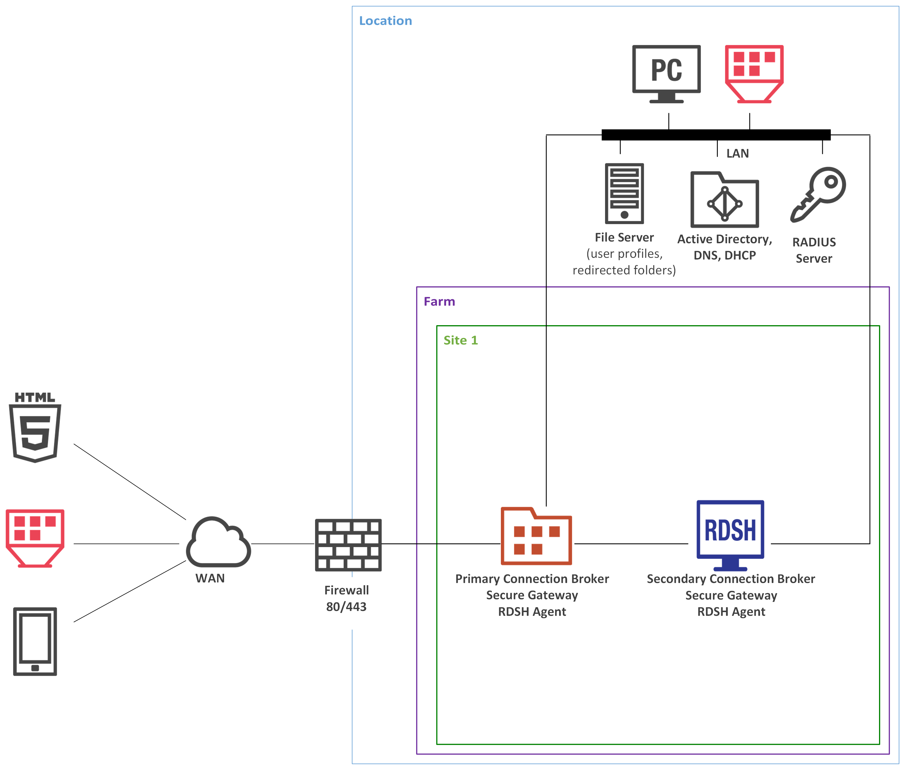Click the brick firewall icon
[x=348, y=545]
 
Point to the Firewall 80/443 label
[x=346, y=598]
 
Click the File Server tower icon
[x=624, y=193]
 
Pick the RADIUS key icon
[x=818, y=194]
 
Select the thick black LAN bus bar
[x=715, y=134]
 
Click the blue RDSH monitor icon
[x=730, y=535]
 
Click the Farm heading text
[x=439, y=301]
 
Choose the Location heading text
[x=385, y=21]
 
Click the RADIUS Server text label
[x=814, y=250]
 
